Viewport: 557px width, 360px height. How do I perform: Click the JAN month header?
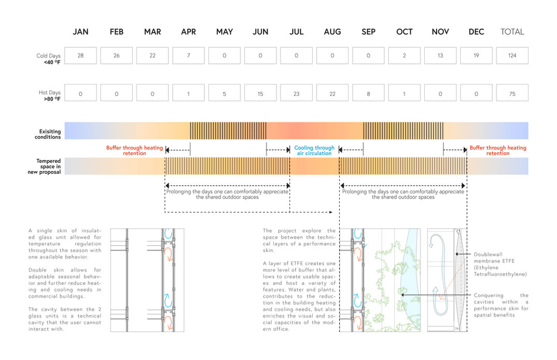click(80, 32)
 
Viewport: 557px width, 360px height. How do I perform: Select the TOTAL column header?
click(512, 32)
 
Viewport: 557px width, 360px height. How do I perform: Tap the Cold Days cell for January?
click(80, 56)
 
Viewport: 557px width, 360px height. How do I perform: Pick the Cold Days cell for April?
click(189, 56)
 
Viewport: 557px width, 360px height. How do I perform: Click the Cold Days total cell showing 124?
click(512, 56)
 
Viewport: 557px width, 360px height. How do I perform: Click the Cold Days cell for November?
click(440, 56)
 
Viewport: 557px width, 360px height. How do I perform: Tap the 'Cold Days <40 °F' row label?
click(48, 59)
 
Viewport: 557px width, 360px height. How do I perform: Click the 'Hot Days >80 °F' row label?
click(49, 95)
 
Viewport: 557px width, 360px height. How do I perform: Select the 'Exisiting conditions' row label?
click(48, 134)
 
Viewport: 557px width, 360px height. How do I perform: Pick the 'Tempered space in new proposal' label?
click(45, 167)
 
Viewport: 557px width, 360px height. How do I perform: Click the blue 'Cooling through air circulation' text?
click(314, 150)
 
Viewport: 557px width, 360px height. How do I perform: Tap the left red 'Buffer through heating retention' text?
click(134, 150)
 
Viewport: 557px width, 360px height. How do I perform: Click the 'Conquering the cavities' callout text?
click(501, 305)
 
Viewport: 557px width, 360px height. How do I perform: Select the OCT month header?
click(404, 32)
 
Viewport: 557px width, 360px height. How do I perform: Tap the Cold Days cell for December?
click(477, 56)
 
